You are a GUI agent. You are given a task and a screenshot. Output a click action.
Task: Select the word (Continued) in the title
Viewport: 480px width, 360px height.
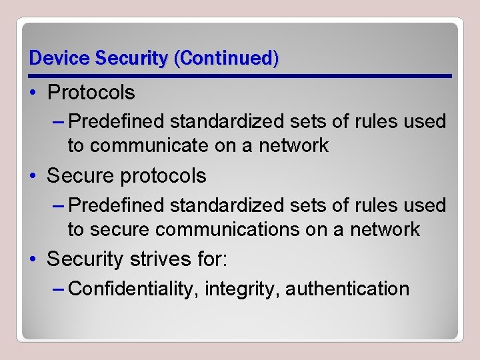(x=227, y=58)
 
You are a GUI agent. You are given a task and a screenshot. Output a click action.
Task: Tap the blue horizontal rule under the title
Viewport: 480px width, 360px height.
(x=240, y=76)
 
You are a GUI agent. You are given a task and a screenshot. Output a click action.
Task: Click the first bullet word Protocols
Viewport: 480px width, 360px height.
(x=91, y=93)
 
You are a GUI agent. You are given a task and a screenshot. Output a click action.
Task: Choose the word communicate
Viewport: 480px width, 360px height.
(x=139, y=145)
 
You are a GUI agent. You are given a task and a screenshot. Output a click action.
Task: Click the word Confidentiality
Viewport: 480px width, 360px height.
(x=133, y=289)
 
